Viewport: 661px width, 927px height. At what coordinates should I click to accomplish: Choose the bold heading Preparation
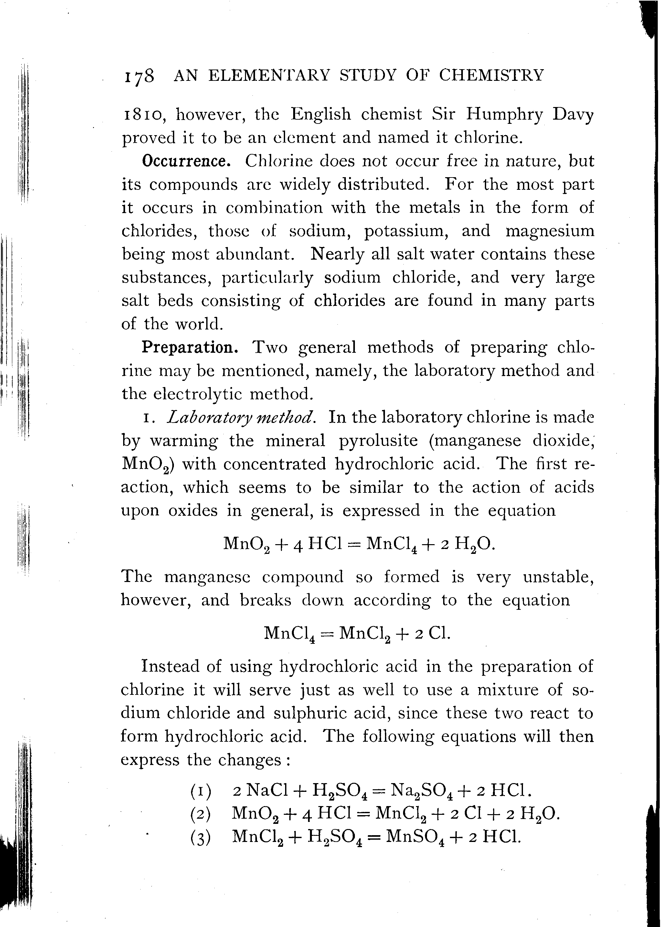point(190,347)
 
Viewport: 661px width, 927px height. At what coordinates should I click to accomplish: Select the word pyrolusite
point(378,440)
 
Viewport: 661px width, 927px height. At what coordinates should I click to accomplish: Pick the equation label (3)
point(201,837)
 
